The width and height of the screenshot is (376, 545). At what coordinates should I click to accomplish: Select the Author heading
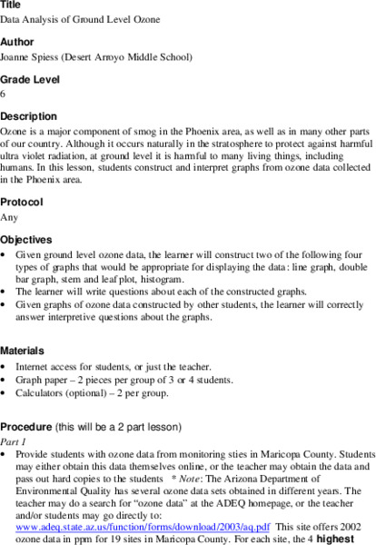(16, 41)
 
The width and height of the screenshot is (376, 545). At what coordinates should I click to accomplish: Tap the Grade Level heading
(29, 79)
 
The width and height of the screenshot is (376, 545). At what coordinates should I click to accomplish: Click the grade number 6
(4, 94)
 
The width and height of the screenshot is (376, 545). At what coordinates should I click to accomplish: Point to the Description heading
(28, 117)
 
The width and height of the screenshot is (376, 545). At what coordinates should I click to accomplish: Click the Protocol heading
(22, 202)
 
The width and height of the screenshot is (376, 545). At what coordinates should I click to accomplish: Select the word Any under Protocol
(9, 217)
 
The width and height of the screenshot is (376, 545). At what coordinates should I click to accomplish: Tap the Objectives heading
(26, 240)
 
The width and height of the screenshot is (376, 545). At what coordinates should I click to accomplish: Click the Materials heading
(24, 350)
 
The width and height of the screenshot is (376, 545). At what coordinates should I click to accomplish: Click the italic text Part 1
(15, 441)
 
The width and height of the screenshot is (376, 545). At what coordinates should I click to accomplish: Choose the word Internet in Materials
(34, 366)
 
